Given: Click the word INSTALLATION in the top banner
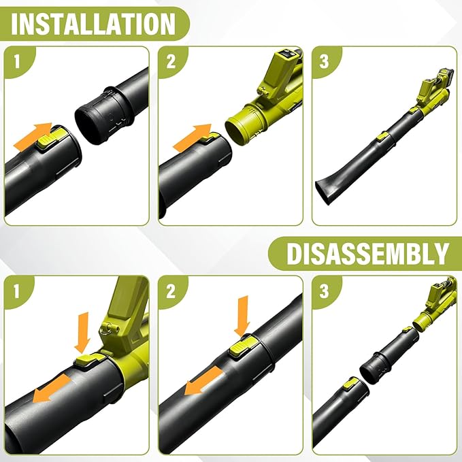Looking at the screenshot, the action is [93, 24].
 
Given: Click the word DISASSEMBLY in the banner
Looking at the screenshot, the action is [367, 254].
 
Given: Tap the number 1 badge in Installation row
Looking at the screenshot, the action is [17, 62].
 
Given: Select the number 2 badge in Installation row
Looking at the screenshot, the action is [171, 62].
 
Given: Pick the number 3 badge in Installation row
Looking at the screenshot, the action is [324, 62].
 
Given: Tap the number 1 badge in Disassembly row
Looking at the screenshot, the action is [17, 291].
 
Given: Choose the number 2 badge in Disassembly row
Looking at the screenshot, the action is [171, 291].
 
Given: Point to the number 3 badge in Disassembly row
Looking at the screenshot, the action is [324, 291].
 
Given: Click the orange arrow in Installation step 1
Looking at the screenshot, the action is [33, 136].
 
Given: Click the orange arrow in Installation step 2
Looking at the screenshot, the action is [192, 138].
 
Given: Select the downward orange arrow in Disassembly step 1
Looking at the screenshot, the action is [82, 332].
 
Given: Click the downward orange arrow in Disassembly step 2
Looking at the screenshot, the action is [242, 316].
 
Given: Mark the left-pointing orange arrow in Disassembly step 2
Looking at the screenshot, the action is [203, 381].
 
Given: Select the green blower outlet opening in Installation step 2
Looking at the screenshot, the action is [237, 130].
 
